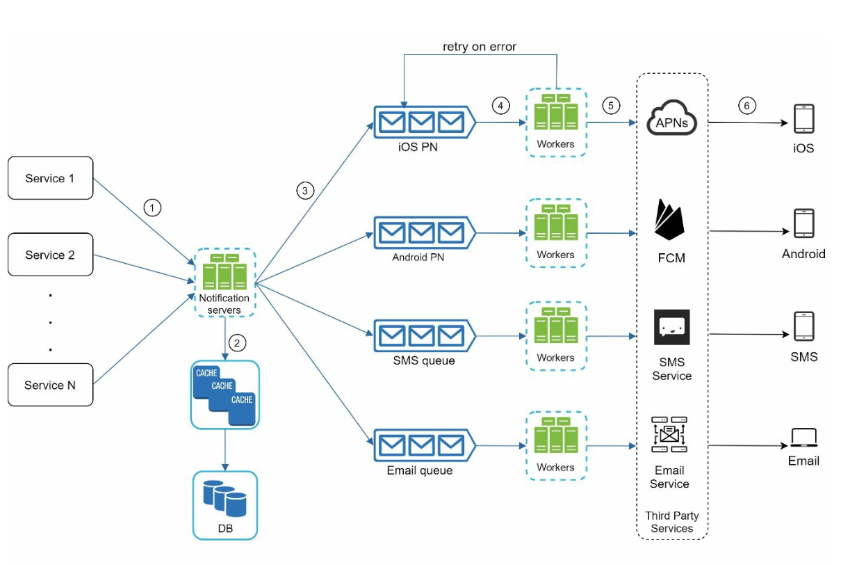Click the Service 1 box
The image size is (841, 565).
(x=50, y=178)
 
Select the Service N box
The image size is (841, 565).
(x=50, y=385)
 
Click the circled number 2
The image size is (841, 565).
(x=238, y=343)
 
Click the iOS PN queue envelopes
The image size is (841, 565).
(x=422, y=122)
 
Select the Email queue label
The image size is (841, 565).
(x=419, y=470)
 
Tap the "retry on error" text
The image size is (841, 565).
(x=480, y=47)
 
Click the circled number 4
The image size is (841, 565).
(x=500, y=106)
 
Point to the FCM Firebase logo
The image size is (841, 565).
(x=670, y=221)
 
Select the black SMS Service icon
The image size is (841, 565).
(x=671, y=327)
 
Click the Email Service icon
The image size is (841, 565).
(x=669, y=435)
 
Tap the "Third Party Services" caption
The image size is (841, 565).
(x=671, y=522)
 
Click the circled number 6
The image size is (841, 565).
(x=746, y=106)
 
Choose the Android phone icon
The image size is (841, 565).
(x=803, y=223)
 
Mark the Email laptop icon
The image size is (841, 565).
(x=803, y=438)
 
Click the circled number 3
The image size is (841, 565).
(x=304, y=190)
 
